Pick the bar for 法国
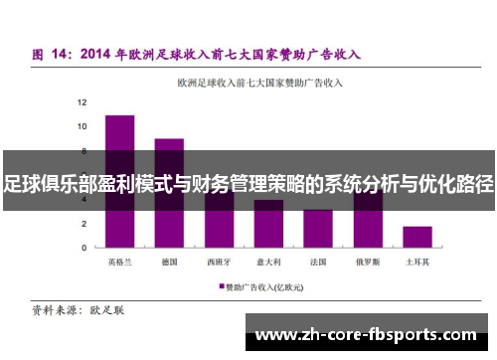click(x=318, y=228)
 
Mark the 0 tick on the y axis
click(x=83, y=247)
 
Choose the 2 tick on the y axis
click(x=83, y=223)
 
